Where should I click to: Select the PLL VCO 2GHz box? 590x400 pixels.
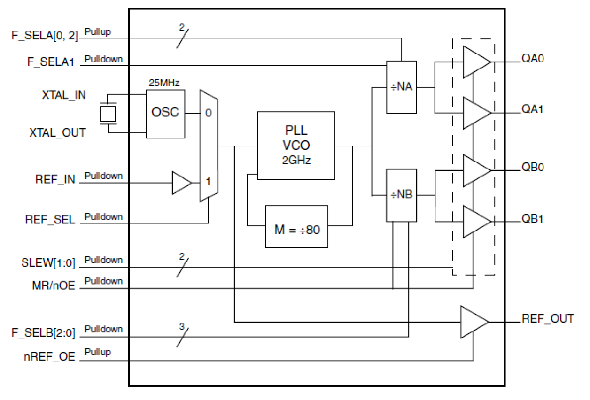pyautogui.click(x=296, y=145)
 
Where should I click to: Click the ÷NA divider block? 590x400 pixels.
pyautogui.click(x=401, y=87)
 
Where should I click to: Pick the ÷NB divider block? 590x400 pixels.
pyautogui.click(x=401, y=195)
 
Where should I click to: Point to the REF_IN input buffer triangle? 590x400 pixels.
pyautogui.click(x=181, y=183)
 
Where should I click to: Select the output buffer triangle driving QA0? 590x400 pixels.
pyautogui.click(x=475, y=62)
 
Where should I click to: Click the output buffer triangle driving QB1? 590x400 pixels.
pyautogui.click(x=475, y=221)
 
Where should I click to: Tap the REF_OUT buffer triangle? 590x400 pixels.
pyautogui.click(x=474, y=322)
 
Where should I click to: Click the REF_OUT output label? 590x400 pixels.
pyautogui.click(x=547, y=319)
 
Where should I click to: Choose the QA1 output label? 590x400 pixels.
pyautogui.click(x=533, y=109)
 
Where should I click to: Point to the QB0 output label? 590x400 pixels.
pyautogui.click(x=533, y=168)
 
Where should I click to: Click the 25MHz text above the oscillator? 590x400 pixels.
pyautogui.click(x=164, y=83)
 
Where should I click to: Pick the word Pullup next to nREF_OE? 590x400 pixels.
pyautogui.click(x=98, y=352)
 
